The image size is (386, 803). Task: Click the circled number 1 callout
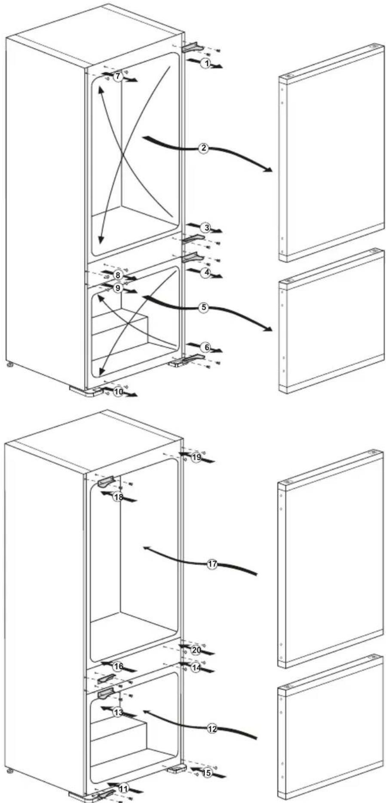click(x=206, y=64)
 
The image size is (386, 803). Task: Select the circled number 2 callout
click(x=203, y=149)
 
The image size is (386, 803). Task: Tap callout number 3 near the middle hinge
click(x=207, y=227)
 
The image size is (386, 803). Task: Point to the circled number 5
click(x=203, y=307)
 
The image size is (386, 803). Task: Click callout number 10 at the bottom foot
click(x=119, y=392)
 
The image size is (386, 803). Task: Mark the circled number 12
click(x=212, y=729)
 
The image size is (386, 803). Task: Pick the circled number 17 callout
click(x=212, y=564)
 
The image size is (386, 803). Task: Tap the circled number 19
click(x=196, y=457)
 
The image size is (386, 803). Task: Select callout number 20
click(x=196, y=650)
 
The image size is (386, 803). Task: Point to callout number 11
click(x=123, y=789)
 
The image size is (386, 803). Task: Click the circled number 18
click(x=118, y=497)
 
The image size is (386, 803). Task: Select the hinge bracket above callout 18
click(x=107, y=482)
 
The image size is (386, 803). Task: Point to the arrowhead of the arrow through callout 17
click(x=147, y=548)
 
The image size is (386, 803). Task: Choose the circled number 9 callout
click(x=118, y=288)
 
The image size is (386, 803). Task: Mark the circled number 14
click(x=196, y=668)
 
